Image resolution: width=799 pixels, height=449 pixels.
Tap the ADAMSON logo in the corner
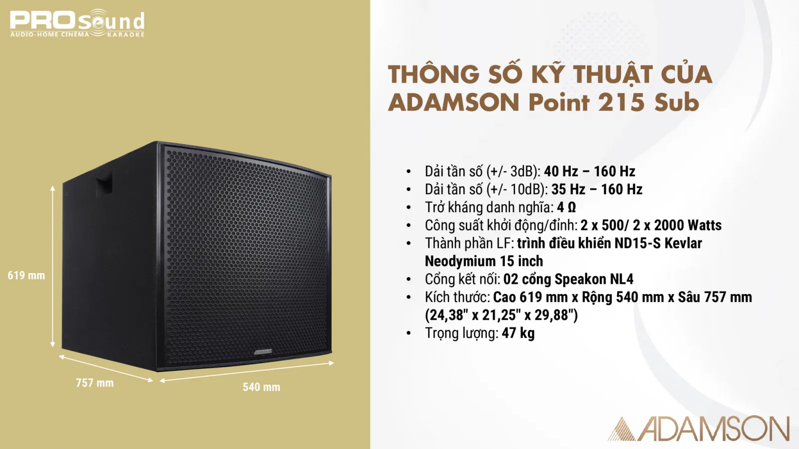[x=699, y=429]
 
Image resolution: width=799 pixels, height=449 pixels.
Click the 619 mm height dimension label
[x=26, y=275]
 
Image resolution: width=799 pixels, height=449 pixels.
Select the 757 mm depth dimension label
[x=94, y=383]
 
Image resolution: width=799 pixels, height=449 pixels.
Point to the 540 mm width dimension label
[x=261, y=387]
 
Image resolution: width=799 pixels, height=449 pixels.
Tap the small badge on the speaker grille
[x=263, y=352]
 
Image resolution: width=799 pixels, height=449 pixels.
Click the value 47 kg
[x=518, y=333]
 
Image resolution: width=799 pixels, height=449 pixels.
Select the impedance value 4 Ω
[x=566, y=207]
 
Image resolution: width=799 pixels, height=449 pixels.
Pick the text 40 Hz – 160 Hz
[x=589, y=171]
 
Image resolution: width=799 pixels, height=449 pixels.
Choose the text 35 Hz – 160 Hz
[x=597, y=189]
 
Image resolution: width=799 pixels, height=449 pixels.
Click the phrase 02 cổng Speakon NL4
[x=568, y=279]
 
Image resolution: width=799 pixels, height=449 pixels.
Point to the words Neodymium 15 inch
[x=483, y=261]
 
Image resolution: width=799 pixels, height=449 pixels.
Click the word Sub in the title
[x=677, y=102]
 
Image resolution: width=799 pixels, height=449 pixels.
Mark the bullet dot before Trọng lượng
[x=408, y=333]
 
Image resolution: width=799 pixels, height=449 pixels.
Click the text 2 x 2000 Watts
[x=677, y=225]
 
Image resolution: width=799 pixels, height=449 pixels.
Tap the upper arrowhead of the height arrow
[x=52, y=188]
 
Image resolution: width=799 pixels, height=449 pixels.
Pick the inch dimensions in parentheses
[x=501, y=315]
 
